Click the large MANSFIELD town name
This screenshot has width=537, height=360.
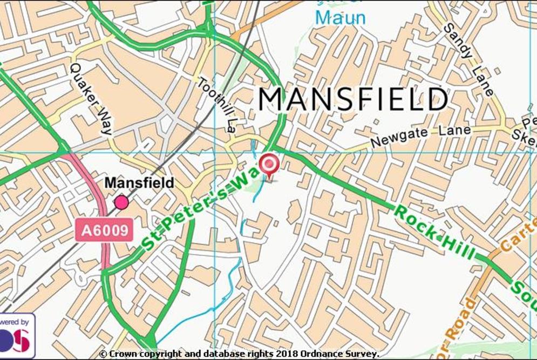353,99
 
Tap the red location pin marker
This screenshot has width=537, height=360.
269,164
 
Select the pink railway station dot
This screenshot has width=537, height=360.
121,202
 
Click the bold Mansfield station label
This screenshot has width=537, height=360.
139,183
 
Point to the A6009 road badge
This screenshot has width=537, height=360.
105,230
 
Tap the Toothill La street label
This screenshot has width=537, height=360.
216,103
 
